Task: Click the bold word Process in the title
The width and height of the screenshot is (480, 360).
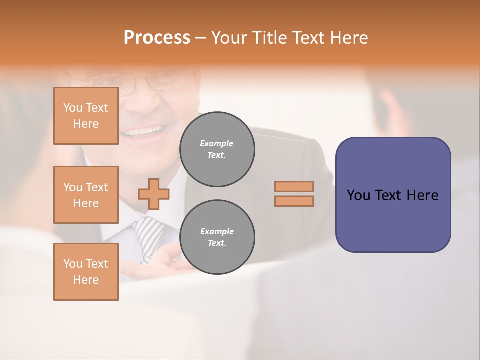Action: (x=157, y=38)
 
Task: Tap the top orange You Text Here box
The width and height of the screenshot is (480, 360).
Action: (x=86, y=116)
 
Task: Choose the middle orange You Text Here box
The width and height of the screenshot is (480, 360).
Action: (x=86, y=195)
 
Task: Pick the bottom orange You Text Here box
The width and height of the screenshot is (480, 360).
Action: (x=86, y=271)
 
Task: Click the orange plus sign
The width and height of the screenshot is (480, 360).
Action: (x=154, y=193)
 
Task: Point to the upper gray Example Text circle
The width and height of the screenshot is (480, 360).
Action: (x=217, y=149)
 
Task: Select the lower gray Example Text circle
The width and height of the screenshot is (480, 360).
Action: (x=217, y=237)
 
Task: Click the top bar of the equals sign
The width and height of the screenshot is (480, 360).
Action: (x=294, y=186)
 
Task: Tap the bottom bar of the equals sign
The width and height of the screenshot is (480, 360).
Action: (x=294, y=201)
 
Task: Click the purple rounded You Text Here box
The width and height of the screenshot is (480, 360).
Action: (x=393, y=195)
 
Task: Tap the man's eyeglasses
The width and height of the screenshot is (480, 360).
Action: (x=130, y=82)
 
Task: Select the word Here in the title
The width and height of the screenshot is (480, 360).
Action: (x=348, y=38)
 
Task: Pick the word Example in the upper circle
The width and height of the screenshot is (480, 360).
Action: (x=217, y=143)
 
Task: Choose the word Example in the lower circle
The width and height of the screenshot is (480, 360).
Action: (x=217, y=231)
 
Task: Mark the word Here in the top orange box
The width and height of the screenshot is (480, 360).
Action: (x=86, y=124)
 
